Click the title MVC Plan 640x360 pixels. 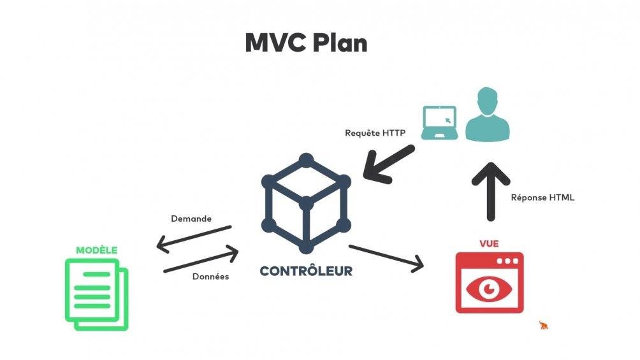pos(306,42)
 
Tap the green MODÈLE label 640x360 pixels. pos(97,250)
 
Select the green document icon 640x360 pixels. pos(97,294)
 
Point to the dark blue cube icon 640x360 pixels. pos(306,203)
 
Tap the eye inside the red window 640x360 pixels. pos(490,289)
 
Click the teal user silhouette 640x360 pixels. pos(488,115)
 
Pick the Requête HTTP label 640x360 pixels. pos(371,133)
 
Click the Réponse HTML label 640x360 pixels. pos(542,198)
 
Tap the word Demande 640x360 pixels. pos(191,219)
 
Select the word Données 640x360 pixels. pos(210,277)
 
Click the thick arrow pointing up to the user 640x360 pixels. pos(490,190)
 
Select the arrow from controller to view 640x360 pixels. pos(386,257)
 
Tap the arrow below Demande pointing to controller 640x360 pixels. pos(201,261)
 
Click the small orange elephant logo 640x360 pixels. pos(543,326)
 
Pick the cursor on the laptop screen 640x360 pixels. pos(447,120)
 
